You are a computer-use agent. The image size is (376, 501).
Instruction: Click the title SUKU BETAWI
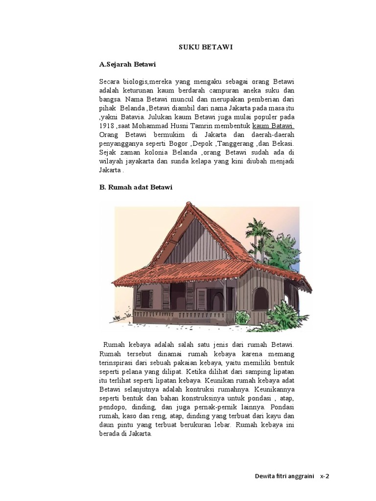pyautogui.click(x=197, y=47)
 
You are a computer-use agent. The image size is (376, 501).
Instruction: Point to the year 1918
pyautogui.click(x=106, y=126)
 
